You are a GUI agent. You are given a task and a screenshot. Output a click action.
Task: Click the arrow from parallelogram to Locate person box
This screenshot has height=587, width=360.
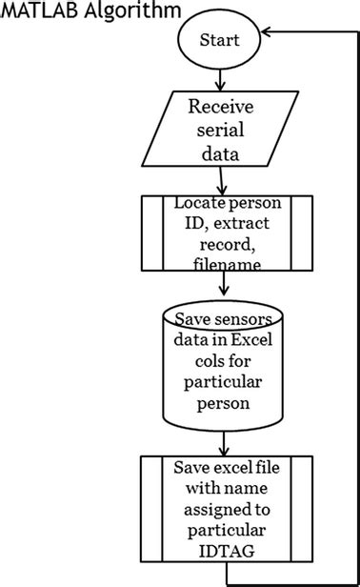[221, 179]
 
